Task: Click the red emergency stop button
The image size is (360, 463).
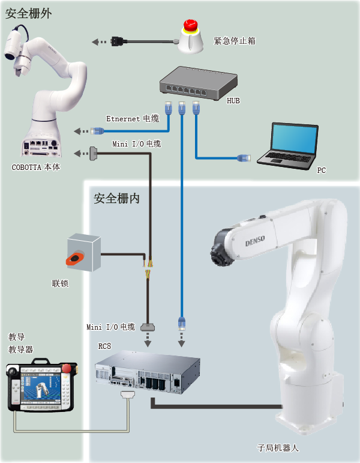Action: (190, 25)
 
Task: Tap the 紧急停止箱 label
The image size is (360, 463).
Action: (235, 41)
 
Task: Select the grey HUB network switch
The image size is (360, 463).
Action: (198, 83)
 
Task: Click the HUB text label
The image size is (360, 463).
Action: (233, 101)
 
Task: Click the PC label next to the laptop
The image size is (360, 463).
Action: (322, 170)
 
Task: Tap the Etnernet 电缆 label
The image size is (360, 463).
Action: (133, 118)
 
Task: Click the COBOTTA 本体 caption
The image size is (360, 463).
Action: (36, 167)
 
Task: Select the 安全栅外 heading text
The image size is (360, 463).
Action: (28, 14)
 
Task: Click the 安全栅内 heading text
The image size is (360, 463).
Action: (116, 198)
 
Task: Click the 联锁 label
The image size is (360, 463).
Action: (60, 283)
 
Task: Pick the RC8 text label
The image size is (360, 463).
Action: (104, 346)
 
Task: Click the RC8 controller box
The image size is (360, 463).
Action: (148, 372)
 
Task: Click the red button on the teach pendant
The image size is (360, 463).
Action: (67, 369)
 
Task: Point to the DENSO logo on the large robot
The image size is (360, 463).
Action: (255, 241)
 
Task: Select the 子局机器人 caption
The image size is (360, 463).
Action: (278, 448)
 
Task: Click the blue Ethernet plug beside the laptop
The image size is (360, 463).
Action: (244, 158)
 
